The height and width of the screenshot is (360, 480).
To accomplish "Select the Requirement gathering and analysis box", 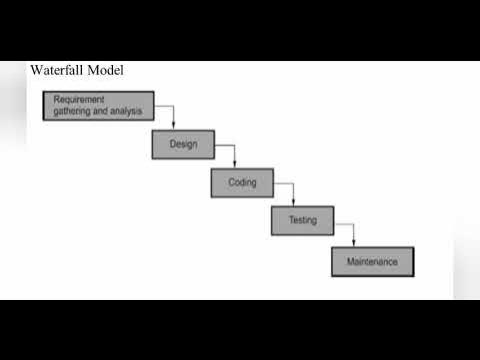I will [98, 105].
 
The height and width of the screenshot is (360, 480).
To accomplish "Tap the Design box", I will [183, 144].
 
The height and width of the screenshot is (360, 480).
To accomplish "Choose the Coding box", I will [242, 183].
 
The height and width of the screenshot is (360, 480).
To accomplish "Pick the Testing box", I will [302, 220].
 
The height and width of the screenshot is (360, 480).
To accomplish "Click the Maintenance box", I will [372, 261].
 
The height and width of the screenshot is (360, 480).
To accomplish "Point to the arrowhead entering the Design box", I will [174, 126].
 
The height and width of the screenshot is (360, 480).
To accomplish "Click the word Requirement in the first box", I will [79, 100].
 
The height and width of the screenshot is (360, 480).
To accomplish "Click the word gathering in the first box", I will [75, 110].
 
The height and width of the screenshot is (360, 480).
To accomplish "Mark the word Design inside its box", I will [183, 144].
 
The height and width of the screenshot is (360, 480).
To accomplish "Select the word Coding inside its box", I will [242, 183].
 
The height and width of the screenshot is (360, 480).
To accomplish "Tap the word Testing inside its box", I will [302, 220].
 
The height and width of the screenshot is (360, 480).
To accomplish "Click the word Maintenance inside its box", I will [372, 261].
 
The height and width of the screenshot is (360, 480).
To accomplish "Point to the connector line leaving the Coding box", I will [284, 183].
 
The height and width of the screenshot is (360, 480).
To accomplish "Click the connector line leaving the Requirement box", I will [165, 105].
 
